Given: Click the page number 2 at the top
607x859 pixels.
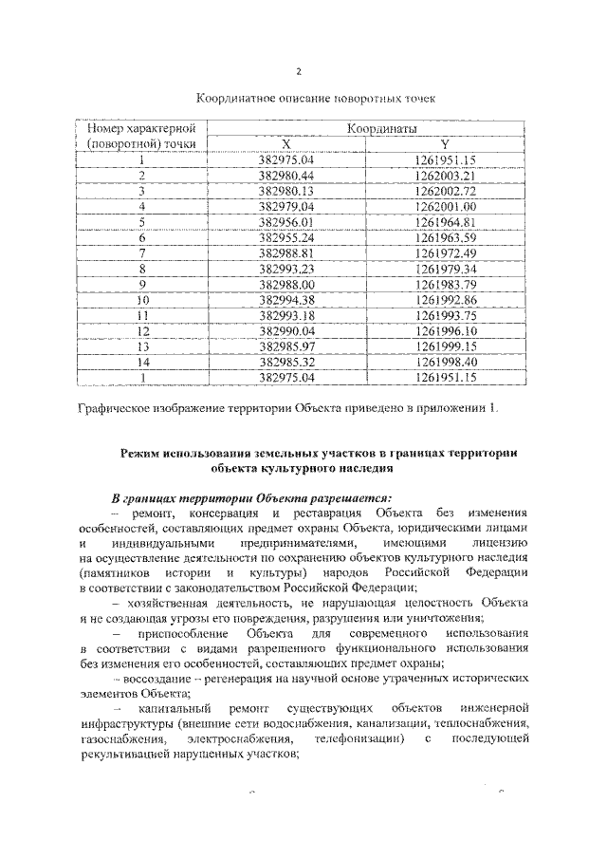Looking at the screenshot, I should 299,72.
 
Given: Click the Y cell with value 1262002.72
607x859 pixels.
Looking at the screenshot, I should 445,191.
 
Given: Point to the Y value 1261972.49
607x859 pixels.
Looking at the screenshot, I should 445,252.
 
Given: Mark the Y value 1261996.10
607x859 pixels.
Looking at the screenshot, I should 445,330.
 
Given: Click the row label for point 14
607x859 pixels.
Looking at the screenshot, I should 144,361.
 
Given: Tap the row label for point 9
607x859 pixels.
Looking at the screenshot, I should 142,284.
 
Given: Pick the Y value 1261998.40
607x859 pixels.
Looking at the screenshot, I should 445,361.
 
